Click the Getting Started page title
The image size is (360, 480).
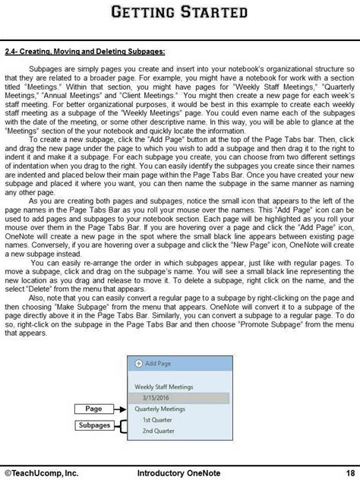point(179,12)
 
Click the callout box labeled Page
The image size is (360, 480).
point(93,409)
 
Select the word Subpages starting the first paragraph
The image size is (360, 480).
point(45,68)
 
